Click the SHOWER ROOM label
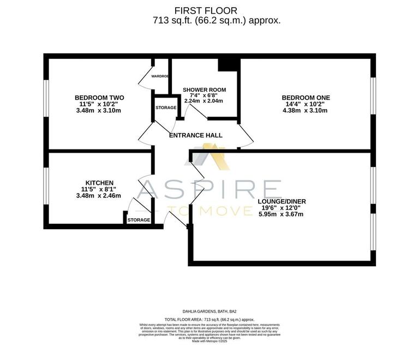tap(204, 89)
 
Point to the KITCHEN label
tap(99, 182)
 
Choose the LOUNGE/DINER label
tap(282, 201)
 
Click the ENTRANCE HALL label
tap(196, 135)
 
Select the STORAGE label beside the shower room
tap(166, 108)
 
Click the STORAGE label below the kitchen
tap(139, 220)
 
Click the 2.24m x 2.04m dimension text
tap(204, 101)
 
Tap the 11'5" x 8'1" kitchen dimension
tap(99, 189)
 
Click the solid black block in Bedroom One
tap(229, 65)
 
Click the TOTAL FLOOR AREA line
tap(209, 320)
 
